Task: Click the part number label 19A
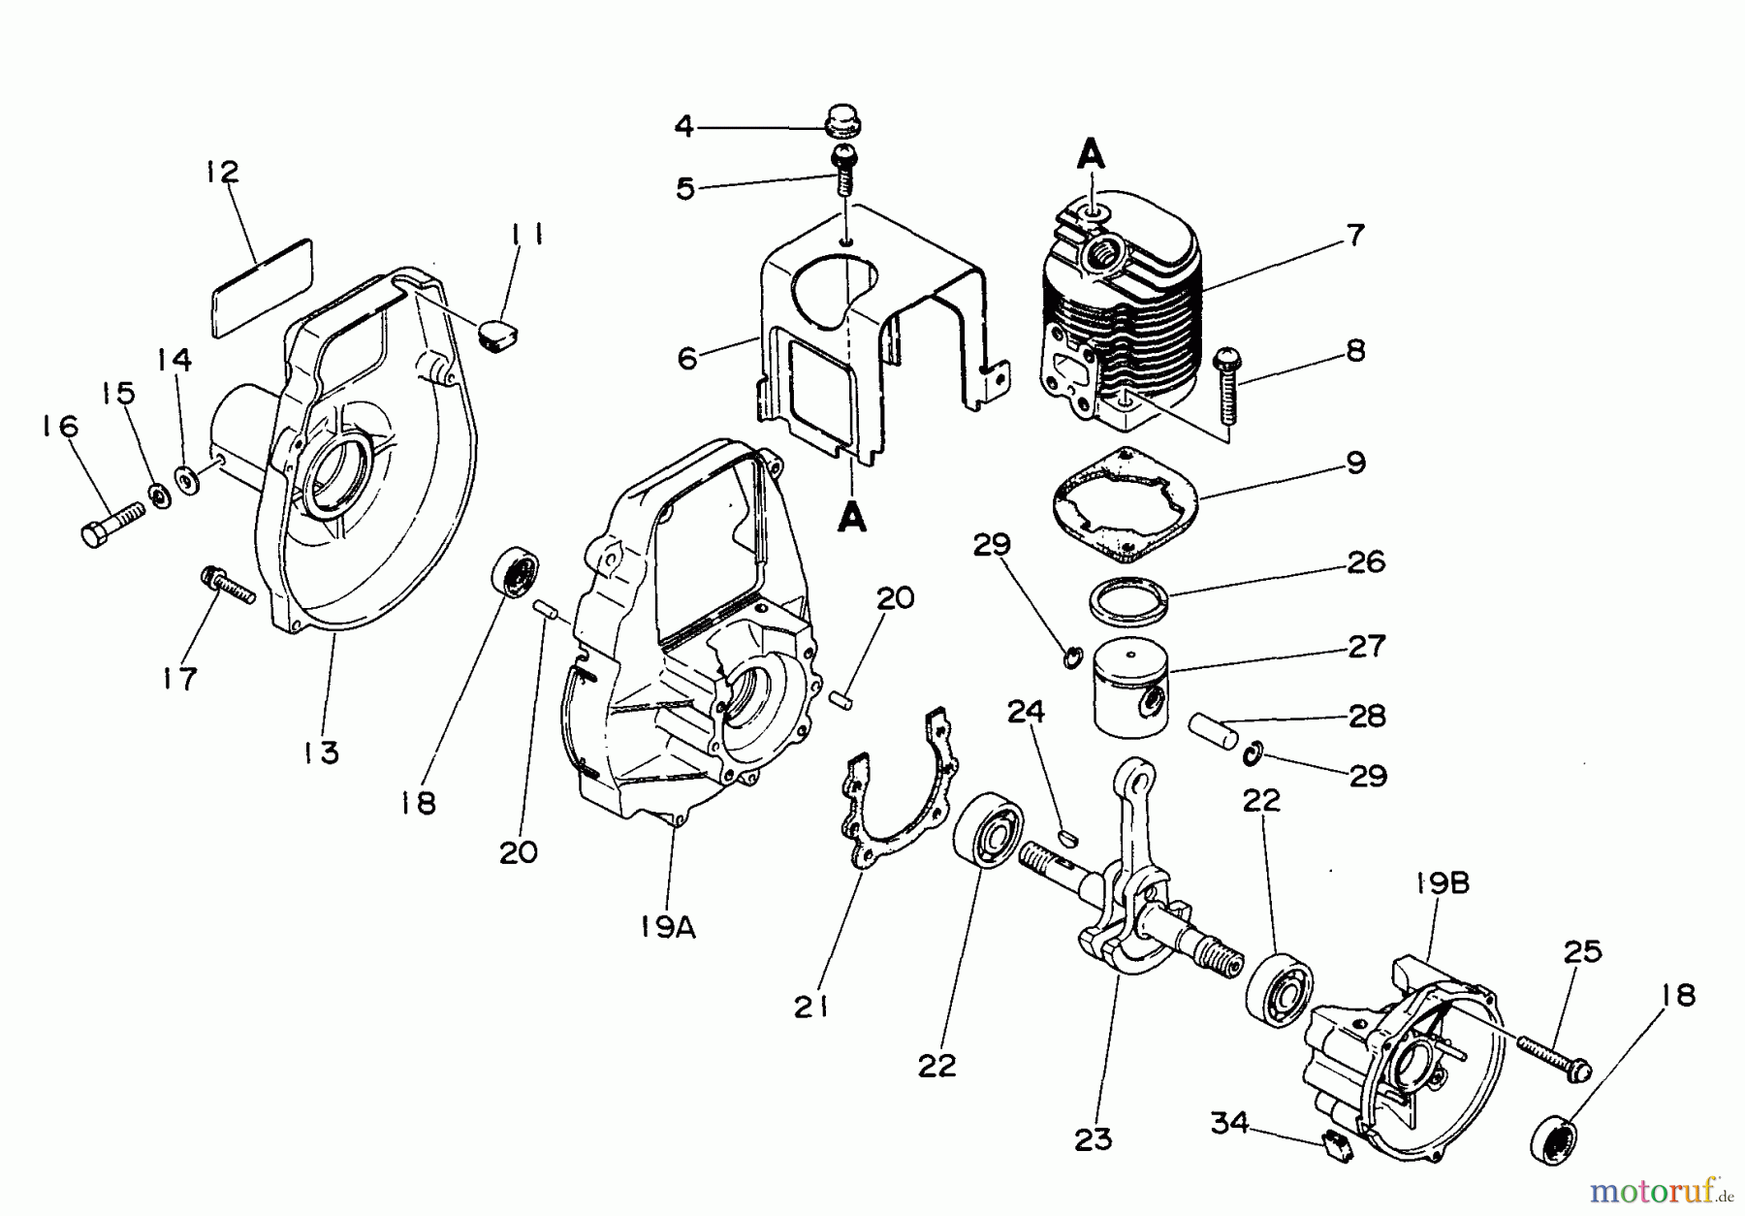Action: coord(668,927)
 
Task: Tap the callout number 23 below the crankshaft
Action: coord(1094,1138)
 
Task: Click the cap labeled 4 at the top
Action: coord(842,125)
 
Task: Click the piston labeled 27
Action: coord(1133,701)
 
